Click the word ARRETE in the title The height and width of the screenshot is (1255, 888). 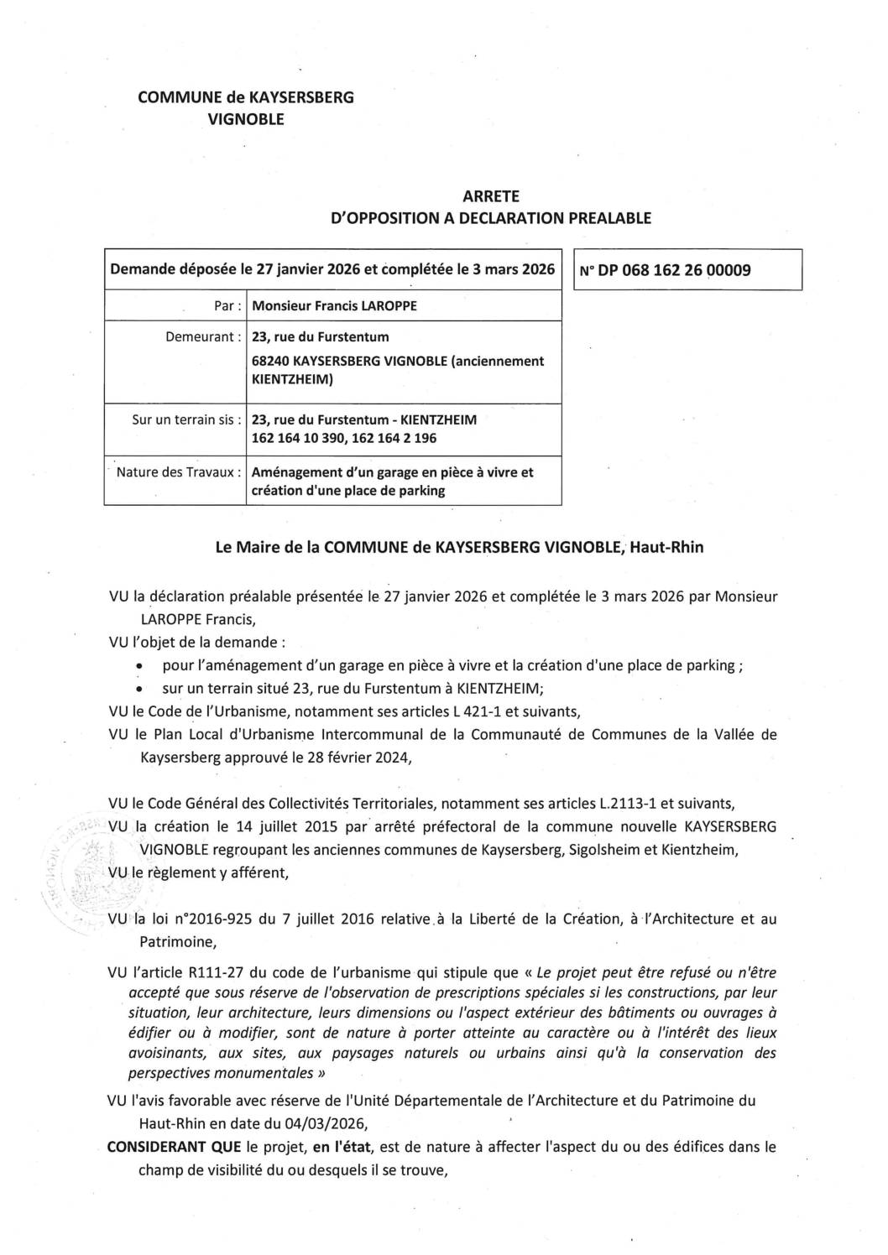click(x=491, y=196)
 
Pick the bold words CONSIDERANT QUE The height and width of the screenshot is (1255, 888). click(x=175, y=1147)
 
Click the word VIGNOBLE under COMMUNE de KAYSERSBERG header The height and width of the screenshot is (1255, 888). click(x=246, y=119)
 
